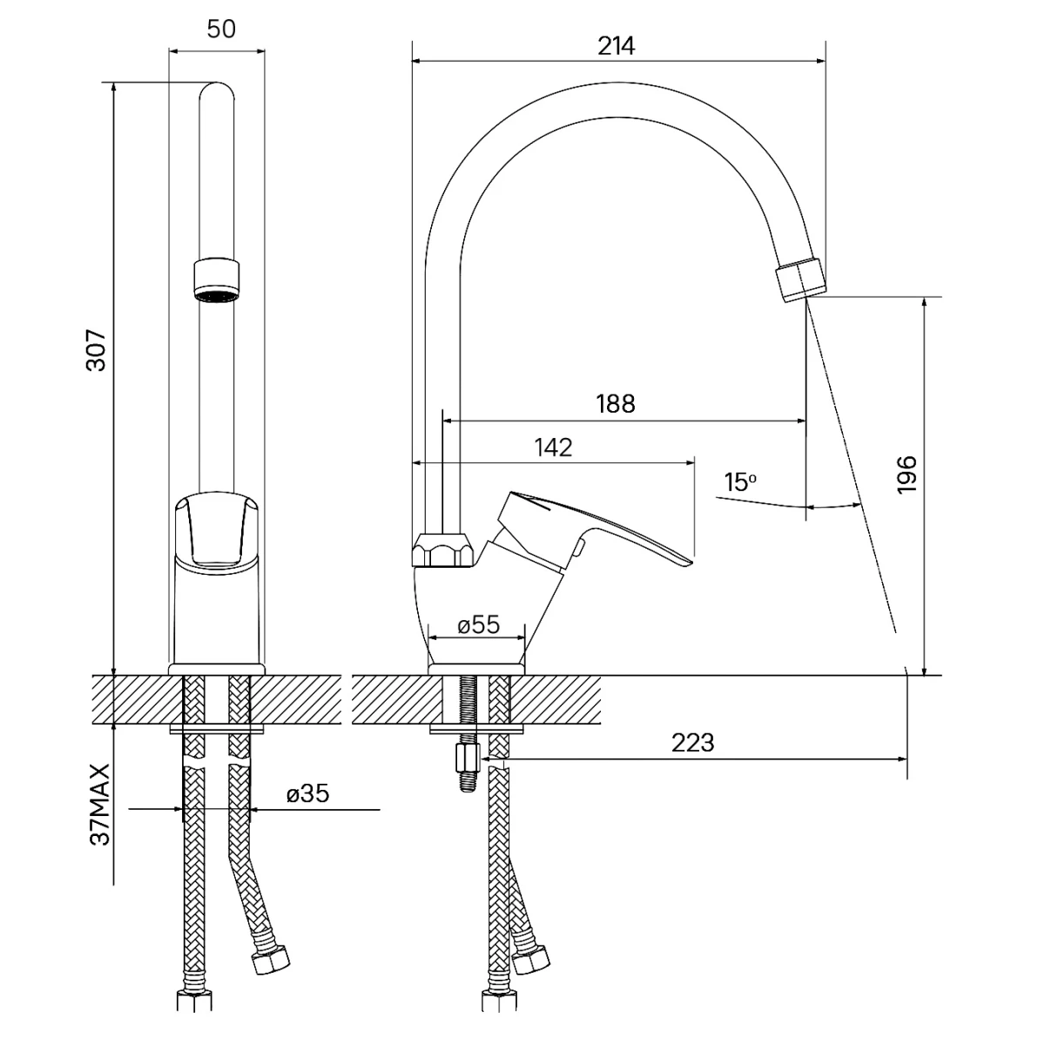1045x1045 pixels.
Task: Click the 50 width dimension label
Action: [221, 29]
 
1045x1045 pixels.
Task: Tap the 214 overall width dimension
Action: [617, 46]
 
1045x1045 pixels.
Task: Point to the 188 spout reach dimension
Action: [616, 404]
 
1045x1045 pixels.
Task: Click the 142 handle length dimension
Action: [554, 447]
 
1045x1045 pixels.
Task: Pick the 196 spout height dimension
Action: [907, 474]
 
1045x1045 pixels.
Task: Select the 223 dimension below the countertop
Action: [693, 743]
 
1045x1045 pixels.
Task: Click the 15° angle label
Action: [740, 482]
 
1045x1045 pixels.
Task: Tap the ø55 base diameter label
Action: [478, 624]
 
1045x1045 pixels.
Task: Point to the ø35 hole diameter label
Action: [307, 794]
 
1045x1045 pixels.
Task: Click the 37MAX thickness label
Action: [101, 804]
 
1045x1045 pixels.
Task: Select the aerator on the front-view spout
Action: [216, 279]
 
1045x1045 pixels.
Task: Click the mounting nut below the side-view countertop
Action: [468, 759]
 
